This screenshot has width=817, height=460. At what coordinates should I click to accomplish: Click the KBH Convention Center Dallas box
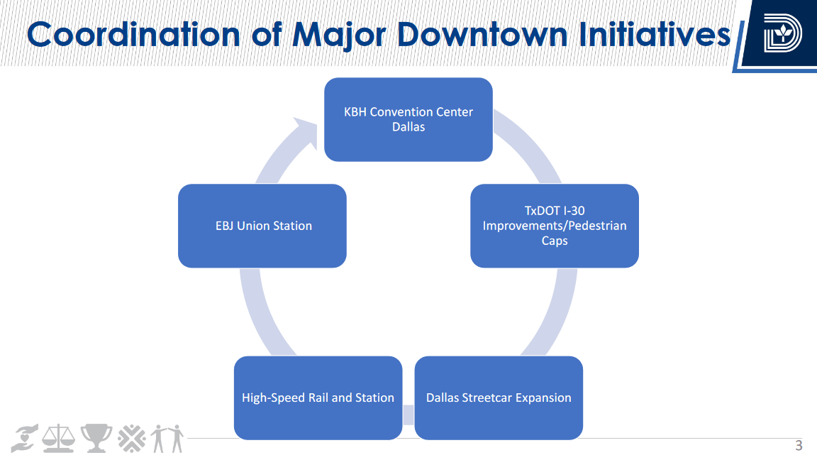[x=408, y=119]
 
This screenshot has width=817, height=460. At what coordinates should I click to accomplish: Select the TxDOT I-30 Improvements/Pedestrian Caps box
[x=554, y=226]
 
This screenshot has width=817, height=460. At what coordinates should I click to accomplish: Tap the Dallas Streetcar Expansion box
[x=498, y=398]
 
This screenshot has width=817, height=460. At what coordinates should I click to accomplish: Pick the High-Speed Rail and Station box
[x=318, y=398]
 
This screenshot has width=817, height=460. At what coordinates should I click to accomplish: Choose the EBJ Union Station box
[x=262, y=226]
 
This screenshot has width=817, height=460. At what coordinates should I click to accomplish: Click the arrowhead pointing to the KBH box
[x=307, y=132]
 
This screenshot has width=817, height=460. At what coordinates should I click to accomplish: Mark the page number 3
[x=799, y=446]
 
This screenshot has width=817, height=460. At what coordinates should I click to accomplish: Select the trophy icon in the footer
[x=96, y=439]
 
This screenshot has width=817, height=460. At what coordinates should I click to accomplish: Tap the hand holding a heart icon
[x=25, y=439]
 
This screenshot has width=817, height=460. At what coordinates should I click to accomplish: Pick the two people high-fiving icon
[x=168, y=439]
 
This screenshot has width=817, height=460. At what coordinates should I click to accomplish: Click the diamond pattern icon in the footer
[x=132, y=439]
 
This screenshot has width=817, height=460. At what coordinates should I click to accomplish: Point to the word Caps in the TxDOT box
[x=555, y=241]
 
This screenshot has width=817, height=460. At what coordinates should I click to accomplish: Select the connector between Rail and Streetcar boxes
[x=408, y=413]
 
